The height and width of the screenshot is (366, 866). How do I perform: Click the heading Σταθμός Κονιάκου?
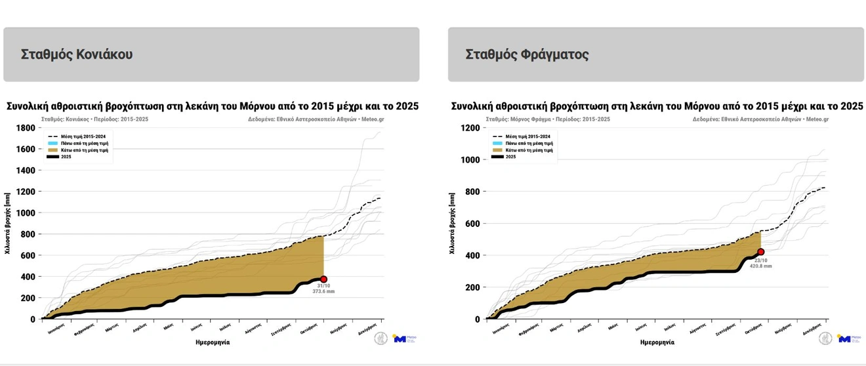(77, 54)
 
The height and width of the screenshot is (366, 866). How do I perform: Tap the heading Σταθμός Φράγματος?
(527, 54)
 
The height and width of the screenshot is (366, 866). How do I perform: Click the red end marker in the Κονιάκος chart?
(323, 279)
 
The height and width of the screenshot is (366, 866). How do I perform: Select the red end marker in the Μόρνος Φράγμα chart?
(761, 252)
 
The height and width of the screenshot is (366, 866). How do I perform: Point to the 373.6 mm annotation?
(323, 291)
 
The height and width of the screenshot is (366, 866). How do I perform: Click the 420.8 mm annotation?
(762, 266)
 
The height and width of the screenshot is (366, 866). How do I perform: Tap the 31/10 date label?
(323, 285)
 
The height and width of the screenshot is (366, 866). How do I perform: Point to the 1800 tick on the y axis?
(26, 128)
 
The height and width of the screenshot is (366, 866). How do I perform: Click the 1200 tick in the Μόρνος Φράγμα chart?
(470, 128)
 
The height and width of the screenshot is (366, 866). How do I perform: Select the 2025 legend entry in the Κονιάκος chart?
(66, 157)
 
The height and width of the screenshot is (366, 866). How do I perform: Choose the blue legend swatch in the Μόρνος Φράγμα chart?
(498, 143)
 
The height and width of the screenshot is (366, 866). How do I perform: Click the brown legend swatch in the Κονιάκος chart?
(53, 150)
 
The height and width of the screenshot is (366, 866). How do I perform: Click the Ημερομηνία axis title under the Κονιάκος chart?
(213, 342)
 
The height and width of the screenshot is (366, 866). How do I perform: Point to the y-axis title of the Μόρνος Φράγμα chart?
(452, 223)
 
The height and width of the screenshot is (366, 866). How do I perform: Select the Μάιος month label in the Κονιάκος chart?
(169, 326)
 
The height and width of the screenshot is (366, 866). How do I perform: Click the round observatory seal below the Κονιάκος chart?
(381, 338)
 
